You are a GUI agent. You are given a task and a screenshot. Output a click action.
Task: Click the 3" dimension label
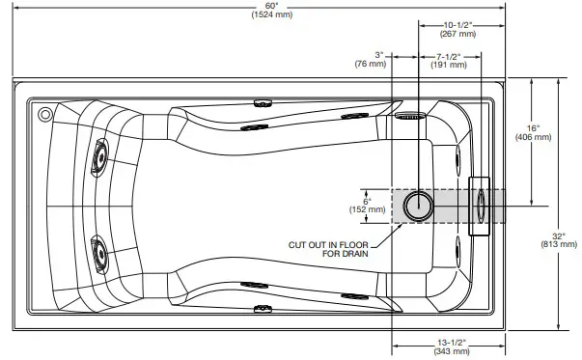coord(379,54)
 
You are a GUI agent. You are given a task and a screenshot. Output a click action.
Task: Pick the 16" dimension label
coord(534,127)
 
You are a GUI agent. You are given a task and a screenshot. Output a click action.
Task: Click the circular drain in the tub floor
coord(419,206)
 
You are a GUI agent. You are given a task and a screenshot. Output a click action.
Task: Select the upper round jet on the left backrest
coord(98,155)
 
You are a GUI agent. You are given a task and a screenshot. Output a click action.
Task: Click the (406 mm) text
coord(534,138)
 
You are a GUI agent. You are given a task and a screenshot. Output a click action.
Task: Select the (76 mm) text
coord(372,64)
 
